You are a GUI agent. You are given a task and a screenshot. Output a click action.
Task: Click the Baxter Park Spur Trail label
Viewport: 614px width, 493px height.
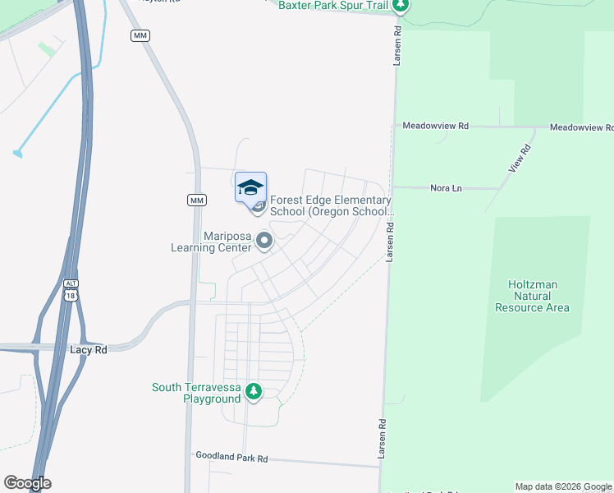point(333,5)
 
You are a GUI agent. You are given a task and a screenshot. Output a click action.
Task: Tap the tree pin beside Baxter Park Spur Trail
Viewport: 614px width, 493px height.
point(400,6)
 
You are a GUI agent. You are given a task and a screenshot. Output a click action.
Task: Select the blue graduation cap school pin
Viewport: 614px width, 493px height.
point(250,187)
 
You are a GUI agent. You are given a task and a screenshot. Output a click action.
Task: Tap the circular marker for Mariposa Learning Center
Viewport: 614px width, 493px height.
point(264,241)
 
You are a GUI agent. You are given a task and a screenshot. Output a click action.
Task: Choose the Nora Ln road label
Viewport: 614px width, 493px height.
point(446,188)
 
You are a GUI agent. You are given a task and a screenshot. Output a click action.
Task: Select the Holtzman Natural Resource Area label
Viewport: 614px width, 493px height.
point(532,296)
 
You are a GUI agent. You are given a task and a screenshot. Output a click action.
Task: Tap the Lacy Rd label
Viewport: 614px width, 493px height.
point(89,349)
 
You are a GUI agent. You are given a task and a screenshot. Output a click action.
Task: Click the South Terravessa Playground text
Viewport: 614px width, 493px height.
point(196,393)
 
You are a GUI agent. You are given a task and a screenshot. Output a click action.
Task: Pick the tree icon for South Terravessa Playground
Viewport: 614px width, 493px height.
point(254,391)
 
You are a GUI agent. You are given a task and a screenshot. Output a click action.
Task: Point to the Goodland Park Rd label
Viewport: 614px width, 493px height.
point(231,456)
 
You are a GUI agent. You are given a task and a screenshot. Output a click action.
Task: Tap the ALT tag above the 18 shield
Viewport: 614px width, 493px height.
point(71,283)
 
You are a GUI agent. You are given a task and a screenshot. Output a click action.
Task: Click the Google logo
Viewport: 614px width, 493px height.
point(27,483)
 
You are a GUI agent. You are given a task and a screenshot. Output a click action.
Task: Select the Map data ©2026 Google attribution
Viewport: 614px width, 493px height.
point(564,486)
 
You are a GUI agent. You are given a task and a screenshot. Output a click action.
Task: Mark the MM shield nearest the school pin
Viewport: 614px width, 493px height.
point(196,200)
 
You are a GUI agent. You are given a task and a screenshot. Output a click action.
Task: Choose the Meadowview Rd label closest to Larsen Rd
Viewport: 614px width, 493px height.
point(435,126)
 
